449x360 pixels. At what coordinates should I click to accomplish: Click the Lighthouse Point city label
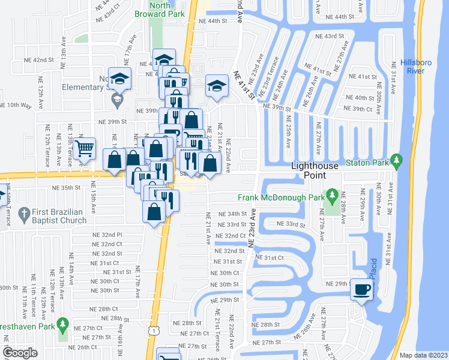pos(316,170)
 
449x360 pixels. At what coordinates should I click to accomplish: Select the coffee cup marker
pos(361,290)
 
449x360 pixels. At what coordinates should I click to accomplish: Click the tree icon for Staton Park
pos(396,160)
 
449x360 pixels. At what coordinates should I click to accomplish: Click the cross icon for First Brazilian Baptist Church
pos(23,213)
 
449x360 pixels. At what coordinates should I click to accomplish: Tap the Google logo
pos(20,353)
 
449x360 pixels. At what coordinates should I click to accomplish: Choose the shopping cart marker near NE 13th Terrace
pos(85,148)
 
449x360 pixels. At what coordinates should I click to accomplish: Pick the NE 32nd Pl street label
pos(107,235)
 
